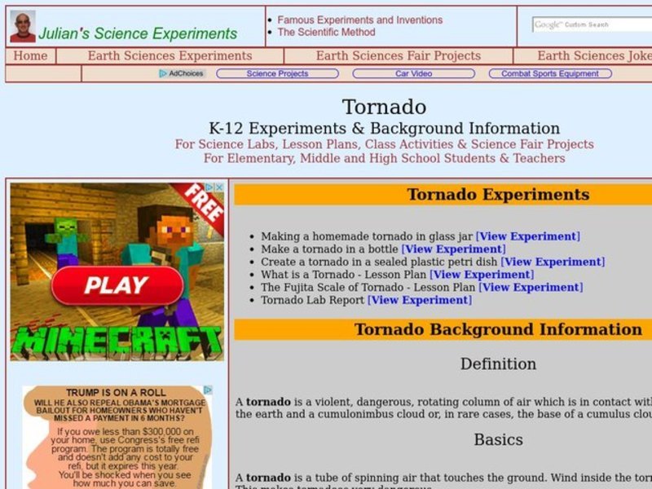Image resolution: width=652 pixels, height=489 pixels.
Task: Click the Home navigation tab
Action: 30,56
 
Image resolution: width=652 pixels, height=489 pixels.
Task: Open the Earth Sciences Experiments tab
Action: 170,56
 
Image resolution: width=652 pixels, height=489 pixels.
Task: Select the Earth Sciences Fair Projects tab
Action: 398,56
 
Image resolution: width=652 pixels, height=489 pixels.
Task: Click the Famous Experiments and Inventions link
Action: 359,20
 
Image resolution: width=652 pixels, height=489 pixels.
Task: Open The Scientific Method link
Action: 326,33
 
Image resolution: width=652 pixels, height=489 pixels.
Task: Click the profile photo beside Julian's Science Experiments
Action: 23,26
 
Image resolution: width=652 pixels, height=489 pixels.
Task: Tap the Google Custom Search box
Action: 592,24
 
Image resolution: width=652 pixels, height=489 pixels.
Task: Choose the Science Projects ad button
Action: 277,73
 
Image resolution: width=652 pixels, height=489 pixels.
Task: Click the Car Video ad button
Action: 413,73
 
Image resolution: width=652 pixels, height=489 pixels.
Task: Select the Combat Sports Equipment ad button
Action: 549,73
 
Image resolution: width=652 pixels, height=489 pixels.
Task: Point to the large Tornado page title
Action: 384,107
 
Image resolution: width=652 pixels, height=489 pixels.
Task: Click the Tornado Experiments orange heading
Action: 497,195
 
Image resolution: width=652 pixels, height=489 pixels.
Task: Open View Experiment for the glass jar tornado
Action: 527,236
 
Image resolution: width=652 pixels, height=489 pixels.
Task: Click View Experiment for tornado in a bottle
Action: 453,249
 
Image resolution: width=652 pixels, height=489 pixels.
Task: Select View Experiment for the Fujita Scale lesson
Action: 531,287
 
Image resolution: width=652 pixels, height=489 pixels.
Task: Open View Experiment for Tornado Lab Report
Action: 419,300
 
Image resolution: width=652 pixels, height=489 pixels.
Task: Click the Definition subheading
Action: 498,363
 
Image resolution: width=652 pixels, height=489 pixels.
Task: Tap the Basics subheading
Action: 498,439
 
